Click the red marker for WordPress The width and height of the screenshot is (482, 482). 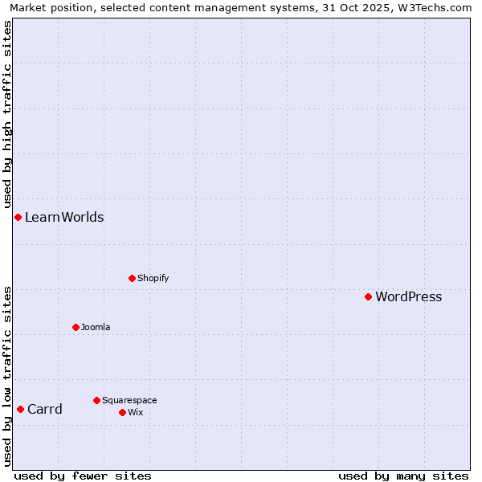pyautogui.click(x=368, y=296)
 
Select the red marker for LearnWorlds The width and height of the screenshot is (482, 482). pyautogui.click(x=18, y=217)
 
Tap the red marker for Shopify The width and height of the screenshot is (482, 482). pyautogui.click(x=132, y=278)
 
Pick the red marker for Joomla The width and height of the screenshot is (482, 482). pyautogui.click(x=76, y=327)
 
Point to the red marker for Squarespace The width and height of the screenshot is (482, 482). pyautogui.click(x=96, y=400)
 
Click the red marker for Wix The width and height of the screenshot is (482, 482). pyautogui.click(x=122, y=412)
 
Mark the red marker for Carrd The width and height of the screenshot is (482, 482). pyautogui.click(x=20, y=409)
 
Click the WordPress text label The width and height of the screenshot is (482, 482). pyautogui.click(x=408, y=297)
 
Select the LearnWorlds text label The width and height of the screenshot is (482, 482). pyautogui.click(x=64, y=218)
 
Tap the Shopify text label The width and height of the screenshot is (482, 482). pyautogui.click(x=153, y=279)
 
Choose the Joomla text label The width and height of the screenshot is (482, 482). pyautogui.click(x=96, y=328)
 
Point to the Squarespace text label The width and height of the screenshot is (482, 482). pyautogui.click(x=129, y=401)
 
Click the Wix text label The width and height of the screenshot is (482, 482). pyautogui.click(x=135, y=413)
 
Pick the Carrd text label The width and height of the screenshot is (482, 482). pyautogui.click(x=45, y=410)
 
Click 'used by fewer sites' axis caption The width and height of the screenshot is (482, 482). pyautogui.click(x=83, y=476)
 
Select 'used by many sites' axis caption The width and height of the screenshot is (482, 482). pyautogui.click(x=403, y=476)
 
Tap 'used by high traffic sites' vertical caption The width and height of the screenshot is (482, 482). pyautogui.click(x=7, y=112)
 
